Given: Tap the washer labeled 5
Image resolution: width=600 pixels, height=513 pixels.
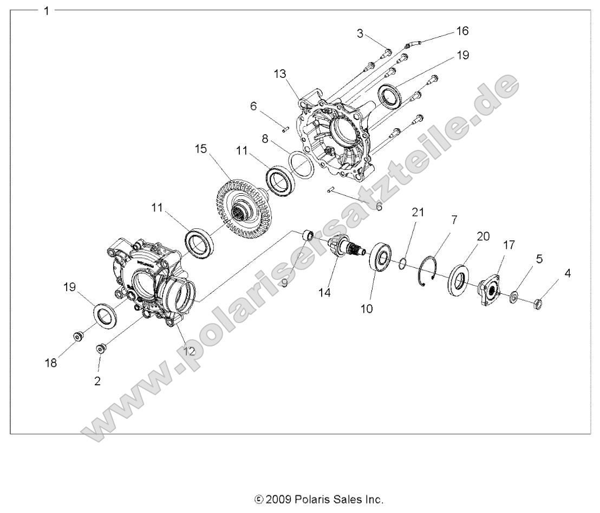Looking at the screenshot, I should (514, 296).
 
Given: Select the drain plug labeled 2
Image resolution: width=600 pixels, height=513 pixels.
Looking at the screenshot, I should (100, 348).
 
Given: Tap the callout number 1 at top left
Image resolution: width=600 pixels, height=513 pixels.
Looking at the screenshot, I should (47, 11).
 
